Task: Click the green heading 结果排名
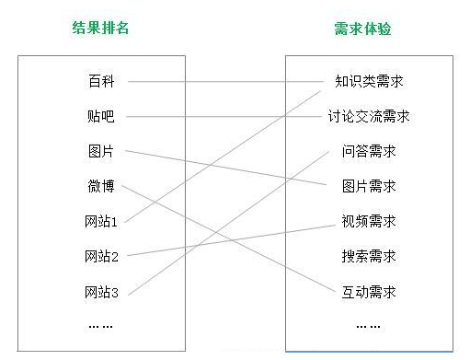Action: pyautogui.click(x=100, y=28)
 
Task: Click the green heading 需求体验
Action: pyautogui.click(x=362, y=29)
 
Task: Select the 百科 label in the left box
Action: pyautogui.click(x=101, y=81)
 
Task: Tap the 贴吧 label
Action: pyautogui.click(x=101, y=116)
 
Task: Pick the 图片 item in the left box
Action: pyautogui.click(x=101, y=151)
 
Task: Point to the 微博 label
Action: pyautogui.click(x=101, y=186)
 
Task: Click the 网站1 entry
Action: pyautogui.click(x=101, y=221)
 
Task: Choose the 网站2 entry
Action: pyautogui.click(x=101, y=256)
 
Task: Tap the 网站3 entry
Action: pyautogui.click(x=101, y=292)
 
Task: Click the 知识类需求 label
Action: pyautogui.click(x=369, y=81)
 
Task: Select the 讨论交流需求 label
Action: pyautogui.click(x=369, y=116)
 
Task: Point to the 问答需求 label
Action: pyautogui.click(x=369, y=151)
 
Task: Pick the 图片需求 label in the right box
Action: pyautogui.click(x=369, y=186)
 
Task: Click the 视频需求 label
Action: pyautogui.click(x=369, y=221)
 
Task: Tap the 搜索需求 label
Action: pyautogui.click(x=369, y=256)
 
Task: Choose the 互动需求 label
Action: pyautogui.click(x=369, y=292)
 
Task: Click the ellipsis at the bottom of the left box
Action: pyautogui.click(x=100, y=327)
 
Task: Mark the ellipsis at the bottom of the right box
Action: pyautogui.click(x=368, y=327)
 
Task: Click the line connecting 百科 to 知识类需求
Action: pyautogui.click(x=225, y=82)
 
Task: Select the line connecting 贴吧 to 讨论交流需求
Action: pyautogui.click(x=224, y=117)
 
